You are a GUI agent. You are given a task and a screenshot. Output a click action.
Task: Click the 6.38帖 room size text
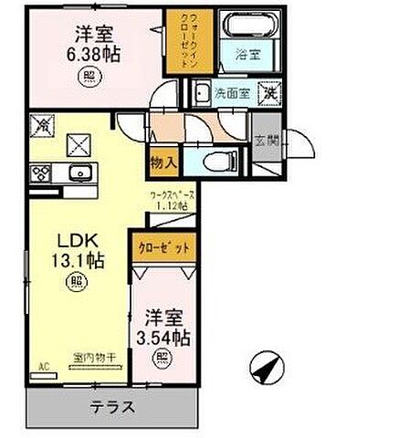tap(95, 55)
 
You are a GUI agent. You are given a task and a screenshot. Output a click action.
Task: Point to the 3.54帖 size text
tap(165, 339)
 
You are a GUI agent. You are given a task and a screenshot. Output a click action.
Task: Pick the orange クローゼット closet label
tap(164, 247)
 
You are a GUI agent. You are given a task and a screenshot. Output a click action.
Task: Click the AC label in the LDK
tap(40, 369)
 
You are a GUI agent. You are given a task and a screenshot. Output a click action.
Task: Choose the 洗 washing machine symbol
tap(270, 91)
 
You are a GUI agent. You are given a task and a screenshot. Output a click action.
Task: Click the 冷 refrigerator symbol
tap(44, 125)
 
